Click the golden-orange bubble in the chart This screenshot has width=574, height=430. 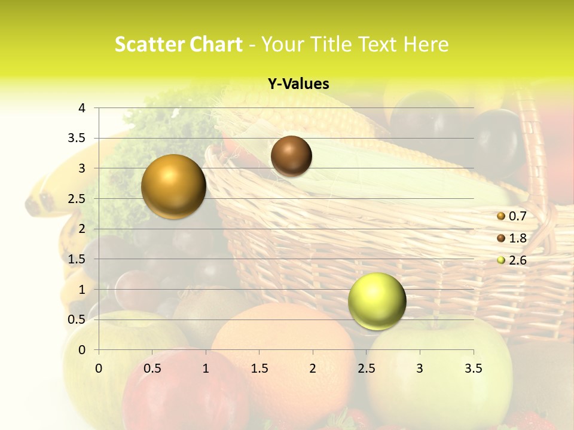tap(174, 186)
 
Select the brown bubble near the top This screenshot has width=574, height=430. tap(291, 156)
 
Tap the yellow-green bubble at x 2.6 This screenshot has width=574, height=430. tap(377, 301)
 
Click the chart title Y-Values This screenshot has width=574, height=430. tap(298, 84)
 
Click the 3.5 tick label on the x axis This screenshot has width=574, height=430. tap(473, 368)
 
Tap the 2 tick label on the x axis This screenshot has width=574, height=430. tap(313, 368)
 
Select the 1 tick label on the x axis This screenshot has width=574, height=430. tap(206, 368)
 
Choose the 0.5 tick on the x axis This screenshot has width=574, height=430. tap(152, 368)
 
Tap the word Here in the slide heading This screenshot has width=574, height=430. tap(425, 44)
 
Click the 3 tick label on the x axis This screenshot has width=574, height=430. tap(420, 368)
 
